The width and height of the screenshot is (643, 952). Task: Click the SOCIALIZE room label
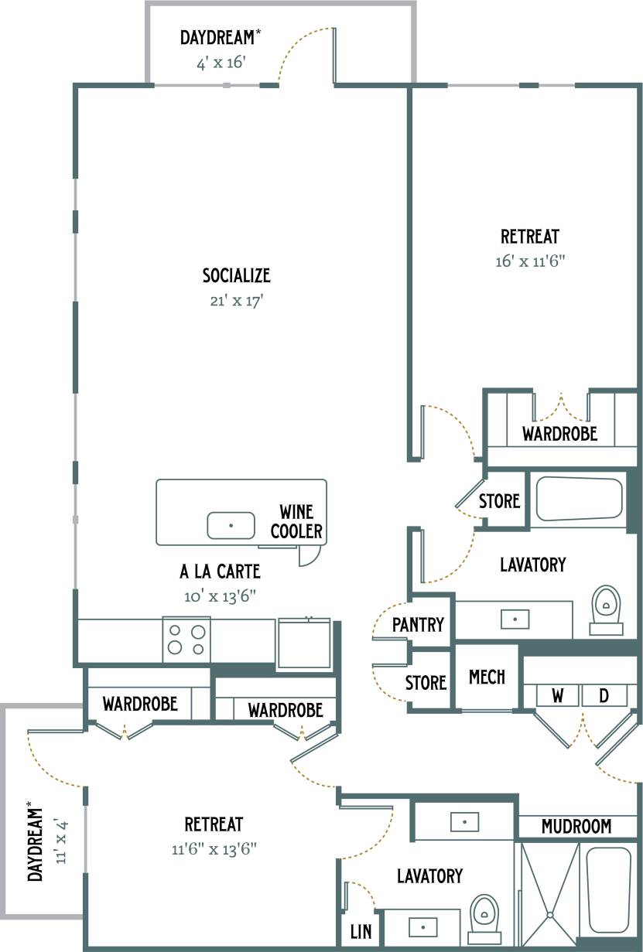[236, 275]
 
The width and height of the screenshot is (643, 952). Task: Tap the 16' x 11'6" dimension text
[530, 261]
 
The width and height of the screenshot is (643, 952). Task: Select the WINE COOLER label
[296, 521]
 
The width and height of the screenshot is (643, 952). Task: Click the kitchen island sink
[231, 525]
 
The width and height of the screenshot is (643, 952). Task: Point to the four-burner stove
[186, 640]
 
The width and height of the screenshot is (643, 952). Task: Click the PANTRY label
[418, 624]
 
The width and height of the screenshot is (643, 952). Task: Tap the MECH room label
[487, 677]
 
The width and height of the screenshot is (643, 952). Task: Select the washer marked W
[557, 696]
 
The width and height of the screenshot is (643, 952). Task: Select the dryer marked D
[604, 696]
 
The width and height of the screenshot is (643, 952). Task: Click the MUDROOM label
[576, 827]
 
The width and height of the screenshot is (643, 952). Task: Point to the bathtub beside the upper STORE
[580, 499]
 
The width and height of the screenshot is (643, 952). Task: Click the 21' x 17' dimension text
[237, 301]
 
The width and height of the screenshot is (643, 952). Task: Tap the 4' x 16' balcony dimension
[221, 63]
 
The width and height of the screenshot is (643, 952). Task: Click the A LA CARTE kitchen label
[220, 572]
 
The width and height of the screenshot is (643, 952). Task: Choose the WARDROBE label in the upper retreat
[559, 433]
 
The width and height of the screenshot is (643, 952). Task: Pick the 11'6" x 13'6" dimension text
[214, 849]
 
